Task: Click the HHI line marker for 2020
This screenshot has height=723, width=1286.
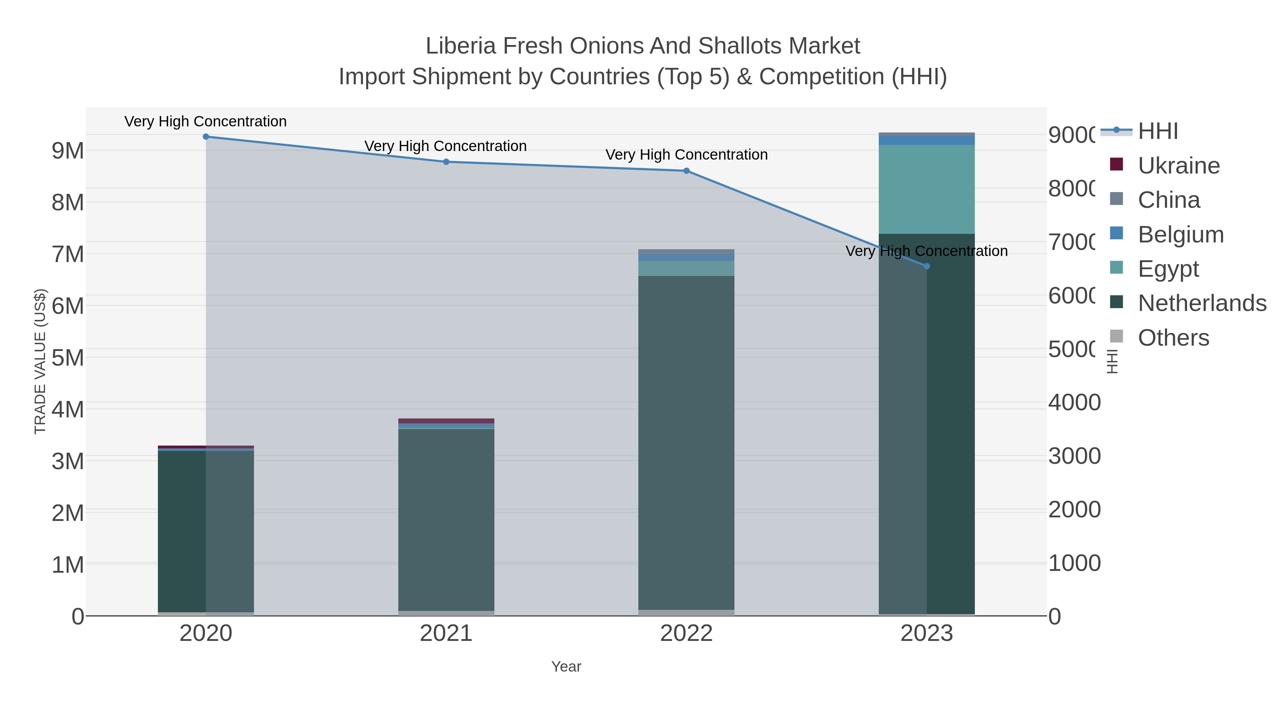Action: click(x=206, y=137)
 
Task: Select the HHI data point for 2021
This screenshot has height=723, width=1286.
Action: click(x=446, y=162)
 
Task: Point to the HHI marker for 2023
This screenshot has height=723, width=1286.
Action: click(x=927, y=266)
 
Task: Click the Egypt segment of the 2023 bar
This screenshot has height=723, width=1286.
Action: click(x=927, y=190)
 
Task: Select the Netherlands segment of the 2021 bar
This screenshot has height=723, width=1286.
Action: click(x=446, y=519)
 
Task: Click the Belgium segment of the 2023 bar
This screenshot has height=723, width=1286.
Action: click(x=927, y=140)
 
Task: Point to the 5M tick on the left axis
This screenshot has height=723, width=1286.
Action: click(x=68, y=358)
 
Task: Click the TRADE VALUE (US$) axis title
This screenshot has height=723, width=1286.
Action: click(x=40, y=361)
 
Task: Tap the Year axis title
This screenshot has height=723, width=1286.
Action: click(x=566, y=667)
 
